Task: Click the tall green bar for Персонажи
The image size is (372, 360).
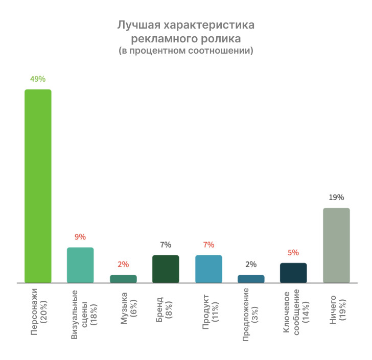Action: point(38,186)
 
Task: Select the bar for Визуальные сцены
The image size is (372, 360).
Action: point(80,265)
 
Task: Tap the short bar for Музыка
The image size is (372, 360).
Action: point(123,278)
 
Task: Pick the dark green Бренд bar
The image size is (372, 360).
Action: point(166,269)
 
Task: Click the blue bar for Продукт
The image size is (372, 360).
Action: point(208,269)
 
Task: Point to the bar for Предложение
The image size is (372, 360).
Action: point(251,278)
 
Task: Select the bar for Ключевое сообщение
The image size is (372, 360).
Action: point(293,273)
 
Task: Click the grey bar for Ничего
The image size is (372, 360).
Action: point(336,245)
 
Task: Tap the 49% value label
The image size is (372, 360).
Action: point(38,79)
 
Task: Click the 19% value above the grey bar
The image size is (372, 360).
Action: point(336,198)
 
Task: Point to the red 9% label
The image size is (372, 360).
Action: point(80,237)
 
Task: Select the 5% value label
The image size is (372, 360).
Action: point(293,252)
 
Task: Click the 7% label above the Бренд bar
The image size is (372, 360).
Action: point(166,245)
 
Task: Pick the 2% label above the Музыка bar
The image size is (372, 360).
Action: point(123,265)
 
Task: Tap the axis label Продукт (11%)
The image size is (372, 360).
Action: point(209,311)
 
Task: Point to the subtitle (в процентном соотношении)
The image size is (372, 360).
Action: point(186,51)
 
